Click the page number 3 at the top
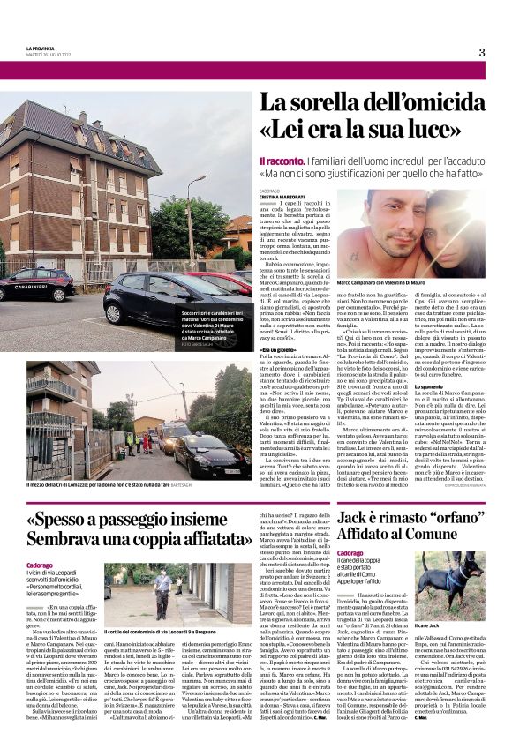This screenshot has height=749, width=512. tap(481, 52)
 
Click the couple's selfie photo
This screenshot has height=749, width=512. tap(410, 234)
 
